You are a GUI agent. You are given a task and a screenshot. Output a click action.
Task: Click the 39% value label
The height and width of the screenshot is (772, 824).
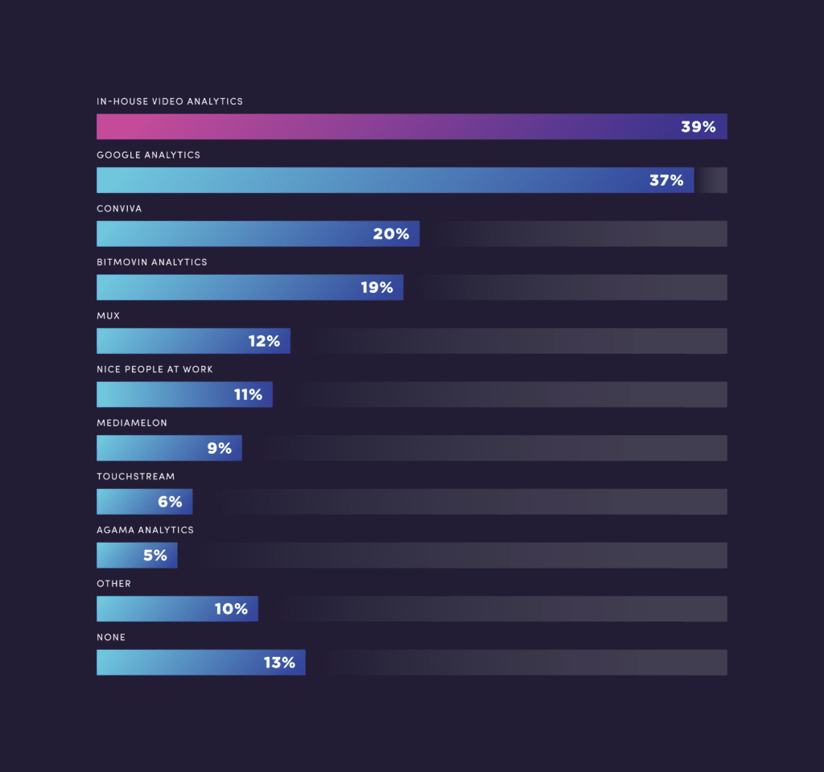click(x=698, y=127)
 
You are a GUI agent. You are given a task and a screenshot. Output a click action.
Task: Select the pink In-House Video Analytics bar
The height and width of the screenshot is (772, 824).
click(x=386, y=127)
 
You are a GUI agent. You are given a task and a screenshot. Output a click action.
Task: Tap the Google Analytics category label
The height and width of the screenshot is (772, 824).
click(x=148, y=154)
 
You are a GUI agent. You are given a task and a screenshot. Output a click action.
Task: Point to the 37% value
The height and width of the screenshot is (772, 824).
click(x=666, y=180)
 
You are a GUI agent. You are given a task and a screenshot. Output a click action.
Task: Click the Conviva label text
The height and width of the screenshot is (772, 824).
click(x=119, y=208)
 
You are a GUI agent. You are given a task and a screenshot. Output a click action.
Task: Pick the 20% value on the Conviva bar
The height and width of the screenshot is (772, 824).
click(x=391, y=234)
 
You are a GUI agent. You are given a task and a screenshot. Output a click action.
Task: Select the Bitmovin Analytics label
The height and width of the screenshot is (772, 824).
click(x=152, y=262)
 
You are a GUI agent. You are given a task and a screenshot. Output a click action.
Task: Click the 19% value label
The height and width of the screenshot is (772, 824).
click(x=376, y=287)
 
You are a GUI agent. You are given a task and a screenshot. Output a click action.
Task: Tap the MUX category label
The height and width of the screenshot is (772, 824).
click(x=109, y=316)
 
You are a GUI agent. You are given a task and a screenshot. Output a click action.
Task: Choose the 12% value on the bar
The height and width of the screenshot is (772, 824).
click(x=264, y=341)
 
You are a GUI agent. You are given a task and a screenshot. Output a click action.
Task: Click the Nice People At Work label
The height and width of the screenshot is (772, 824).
click(x=154, y=369)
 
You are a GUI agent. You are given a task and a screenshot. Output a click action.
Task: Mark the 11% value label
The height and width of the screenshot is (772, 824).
click(x=247, y=395)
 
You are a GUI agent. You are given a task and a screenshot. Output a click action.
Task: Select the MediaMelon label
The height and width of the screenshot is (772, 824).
click(x=132, y=423)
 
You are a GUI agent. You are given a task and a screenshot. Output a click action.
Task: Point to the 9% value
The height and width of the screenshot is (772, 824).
click(x=219, y=448)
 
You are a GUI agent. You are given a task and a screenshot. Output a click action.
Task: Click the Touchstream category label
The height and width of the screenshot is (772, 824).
click(x=136, y=477)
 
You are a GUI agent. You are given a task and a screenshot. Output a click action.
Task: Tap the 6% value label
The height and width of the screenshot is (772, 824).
click(x=170, y=502)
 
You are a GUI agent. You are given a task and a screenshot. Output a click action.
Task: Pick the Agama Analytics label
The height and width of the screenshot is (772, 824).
click(x=145, y=530)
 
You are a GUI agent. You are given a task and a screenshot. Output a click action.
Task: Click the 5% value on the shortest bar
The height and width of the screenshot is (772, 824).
click(x=154, y=556)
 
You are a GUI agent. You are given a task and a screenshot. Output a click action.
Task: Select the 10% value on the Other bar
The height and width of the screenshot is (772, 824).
click(x=231, y=609)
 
